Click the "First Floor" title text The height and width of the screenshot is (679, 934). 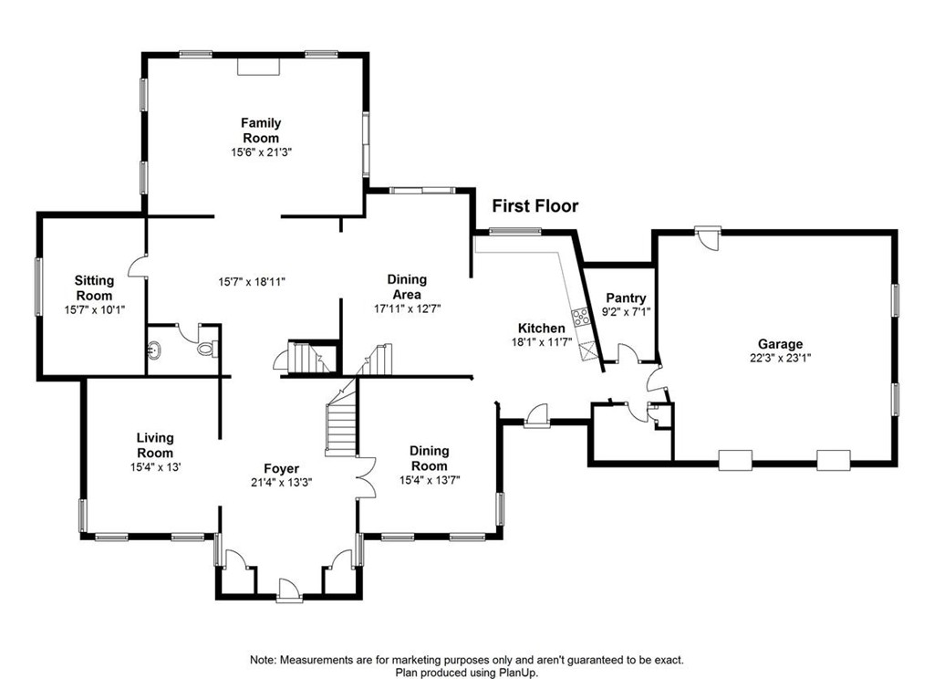pyautogui.click(x=534, y=206)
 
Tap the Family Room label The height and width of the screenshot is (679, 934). pyautogui.click(x=261, y=131)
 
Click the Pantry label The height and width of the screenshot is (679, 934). pyautogui.click(x=626, y=298)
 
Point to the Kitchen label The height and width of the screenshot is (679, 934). pyautogui.click(x=542, y=328)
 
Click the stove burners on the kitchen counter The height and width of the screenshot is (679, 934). pyautogui.click(x=580, y=319)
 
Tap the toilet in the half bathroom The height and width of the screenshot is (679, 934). pyautogui.click(x=207, y=348)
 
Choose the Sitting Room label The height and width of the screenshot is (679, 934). pyautogui.click(x=94, y=288)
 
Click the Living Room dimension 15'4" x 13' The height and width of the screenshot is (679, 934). pyautogui.click(x=155, y=467)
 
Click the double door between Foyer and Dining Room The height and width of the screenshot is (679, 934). pyautogui.click(x=365, y=477)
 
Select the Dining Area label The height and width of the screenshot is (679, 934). pyautogui.click(x=407, y=287)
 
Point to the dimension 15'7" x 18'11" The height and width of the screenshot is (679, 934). pyautogui.click(x=253, y=281)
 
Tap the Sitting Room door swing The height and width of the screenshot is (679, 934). pyautogui.click(x=136, y=266)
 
